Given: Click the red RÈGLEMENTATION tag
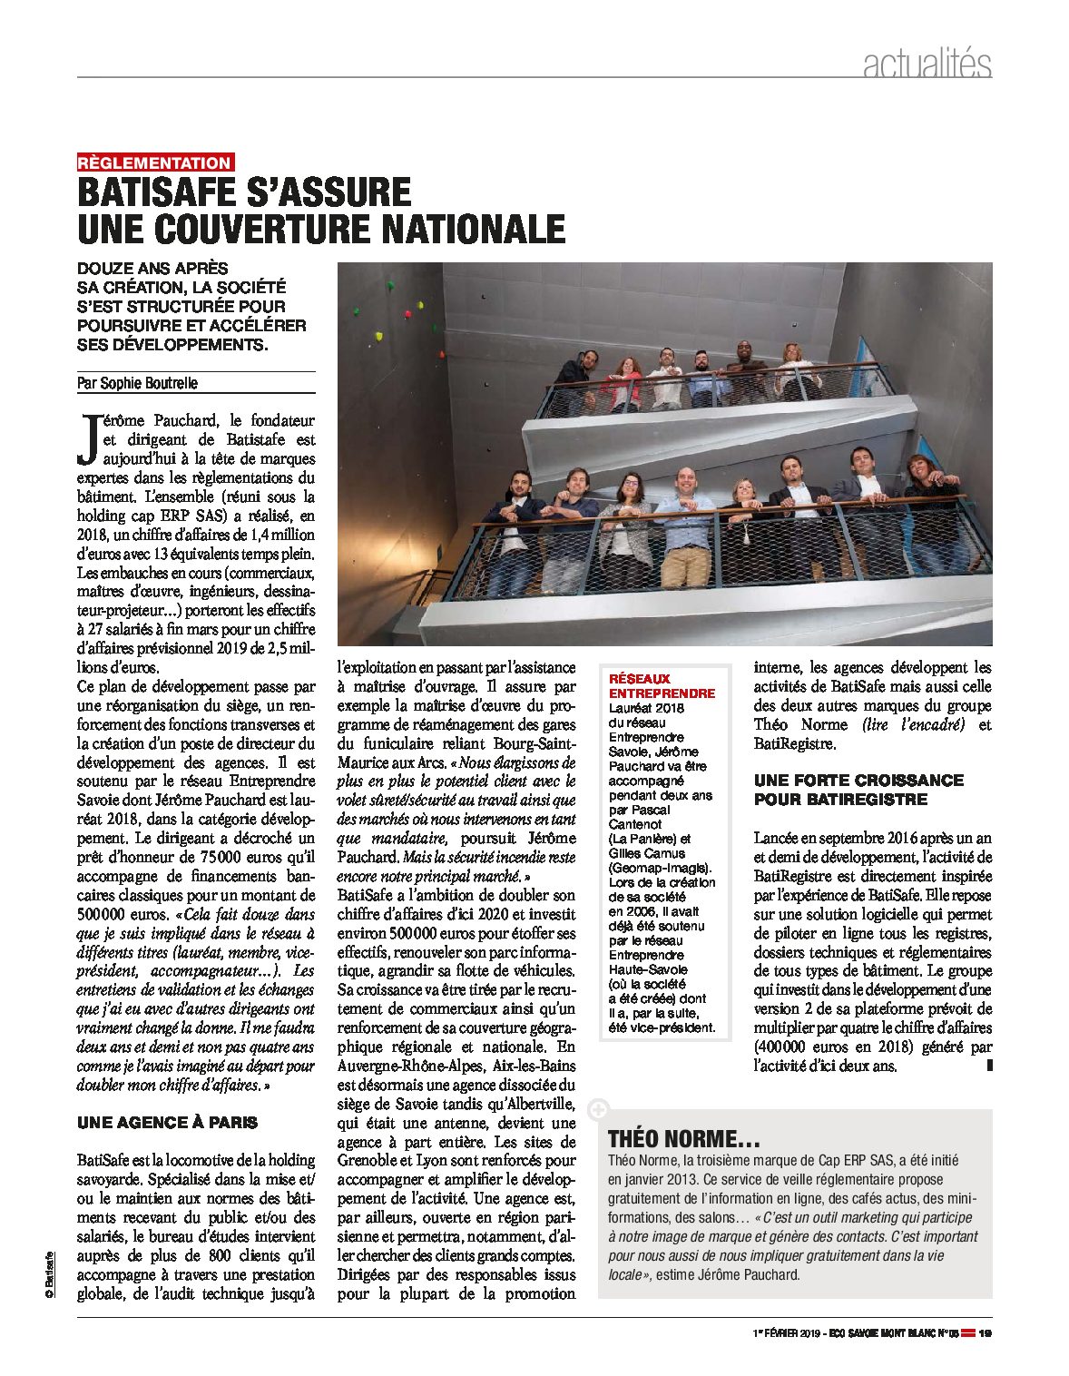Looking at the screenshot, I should click(x=155, y=163).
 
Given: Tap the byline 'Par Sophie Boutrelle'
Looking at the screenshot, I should click(x=137, y=383).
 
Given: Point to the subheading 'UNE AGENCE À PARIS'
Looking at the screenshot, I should click(x=167, y=1123).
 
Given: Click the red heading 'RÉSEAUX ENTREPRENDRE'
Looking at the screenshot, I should click(x=662, y=685).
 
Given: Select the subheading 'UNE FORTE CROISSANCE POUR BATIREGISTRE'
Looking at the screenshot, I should click(x=858, y=790).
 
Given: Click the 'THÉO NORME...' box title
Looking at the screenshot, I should click(x=683, y=1139).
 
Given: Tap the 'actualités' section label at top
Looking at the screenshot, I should click(x=927, y=64).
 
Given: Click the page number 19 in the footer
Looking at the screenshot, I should click(x=985, y=1333).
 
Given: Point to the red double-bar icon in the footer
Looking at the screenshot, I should click(x=967, y=1333).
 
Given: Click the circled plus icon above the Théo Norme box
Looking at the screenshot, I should click(x=597, y=1108).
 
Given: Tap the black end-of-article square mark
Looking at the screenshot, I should click(x=989, y=1066).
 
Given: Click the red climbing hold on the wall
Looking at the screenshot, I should click(x=419, y=305).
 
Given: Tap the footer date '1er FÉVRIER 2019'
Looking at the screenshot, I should click(x=786, y=1333).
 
